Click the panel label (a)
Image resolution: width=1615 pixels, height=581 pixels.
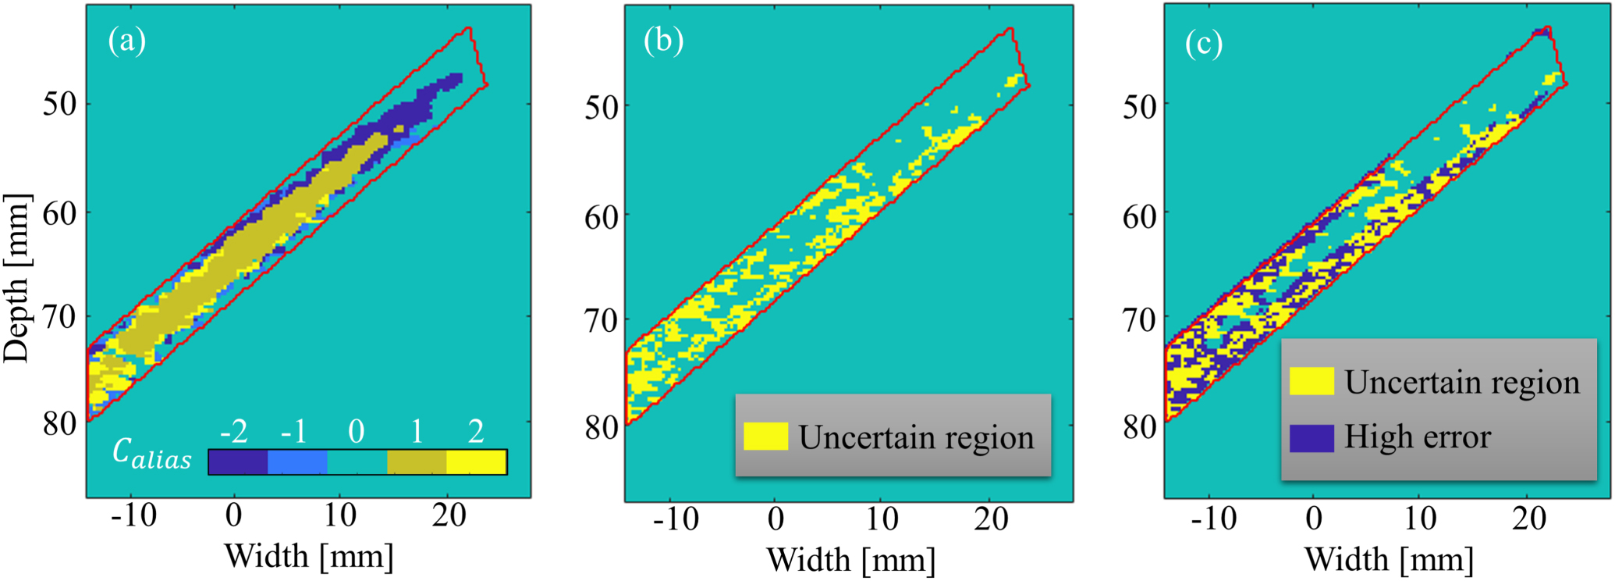pyautogui.click(x=127, y=41)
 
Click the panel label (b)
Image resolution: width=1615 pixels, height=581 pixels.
pyautogui.click(x=663, y=41)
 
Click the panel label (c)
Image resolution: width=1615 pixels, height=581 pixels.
pyautogui.click(x=1203, y=43)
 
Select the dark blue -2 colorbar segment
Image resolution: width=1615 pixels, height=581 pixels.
pyautogui.click(x=238, y=462)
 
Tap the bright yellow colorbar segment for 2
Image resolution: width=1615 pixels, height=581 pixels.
pyautogui.click(x=476, y=462)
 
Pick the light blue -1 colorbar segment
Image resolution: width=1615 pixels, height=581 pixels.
pyautogui.click(x=297, y=462)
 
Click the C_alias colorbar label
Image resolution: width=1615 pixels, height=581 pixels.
pyautogui.click(x=151, y=454)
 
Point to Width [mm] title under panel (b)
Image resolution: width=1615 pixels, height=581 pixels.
pyautogui.click(x=850, y=559)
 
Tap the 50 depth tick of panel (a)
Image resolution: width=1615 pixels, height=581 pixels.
pyautogui.click(x=59, y=104)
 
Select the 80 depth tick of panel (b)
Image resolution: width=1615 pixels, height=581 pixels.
pyautogui.click(x=601, y=427)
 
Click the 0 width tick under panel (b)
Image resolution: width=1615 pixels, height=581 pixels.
pyautogui.click(x=775, y=519)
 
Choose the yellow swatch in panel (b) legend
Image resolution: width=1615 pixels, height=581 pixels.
pyautogui.click(x=765, y=437)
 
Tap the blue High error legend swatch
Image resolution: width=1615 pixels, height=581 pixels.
pyautogui.click(x=1311, y=438)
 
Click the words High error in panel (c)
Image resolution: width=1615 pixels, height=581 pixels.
pyautogui.click(x=1417, y=437)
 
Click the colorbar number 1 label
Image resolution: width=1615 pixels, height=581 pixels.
pyautogui.click(x=417, y=431)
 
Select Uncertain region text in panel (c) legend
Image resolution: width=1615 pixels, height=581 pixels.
pyautogui.click(x=1462, y=383)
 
